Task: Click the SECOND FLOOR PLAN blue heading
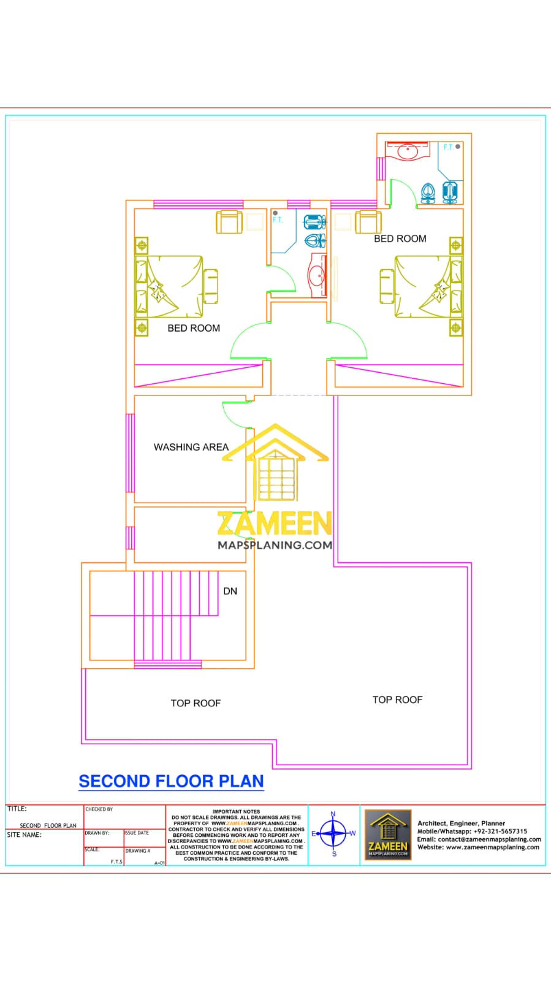171,781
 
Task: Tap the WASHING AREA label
191,447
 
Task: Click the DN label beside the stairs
230,591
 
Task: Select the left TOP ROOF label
196,703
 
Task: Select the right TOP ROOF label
397,700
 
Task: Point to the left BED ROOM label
194,328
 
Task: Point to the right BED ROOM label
400,239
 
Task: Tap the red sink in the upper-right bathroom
406,150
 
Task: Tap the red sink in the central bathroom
318,275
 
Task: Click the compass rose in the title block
333,833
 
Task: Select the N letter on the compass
333,814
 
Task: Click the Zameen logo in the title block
387,834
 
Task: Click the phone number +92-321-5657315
500,831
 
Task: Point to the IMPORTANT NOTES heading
236,811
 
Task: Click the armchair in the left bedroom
229,222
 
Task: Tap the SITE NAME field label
25,835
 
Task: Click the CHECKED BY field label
99,809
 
